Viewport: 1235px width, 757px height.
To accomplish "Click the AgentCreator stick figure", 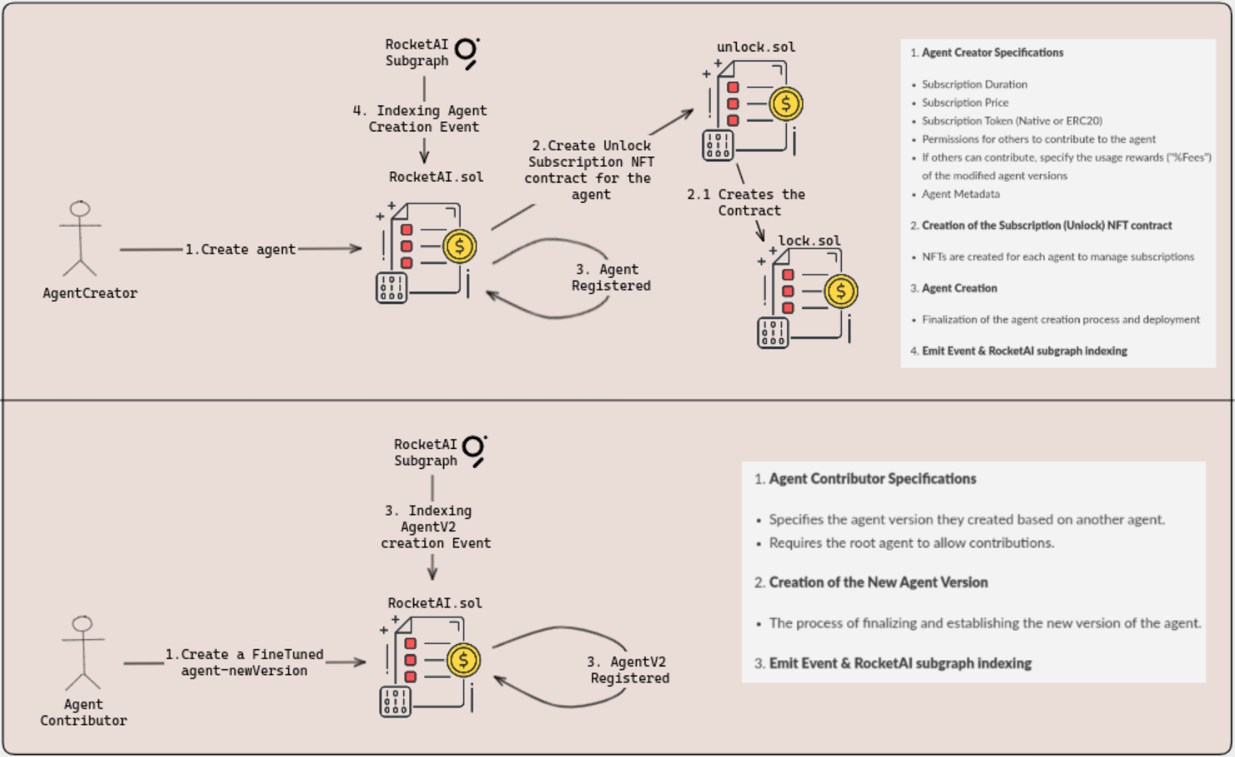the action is point(80,238).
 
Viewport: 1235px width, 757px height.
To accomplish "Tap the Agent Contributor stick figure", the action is point(83,653).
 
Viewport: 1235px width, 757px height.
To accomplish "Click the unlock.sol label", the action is point(756,47).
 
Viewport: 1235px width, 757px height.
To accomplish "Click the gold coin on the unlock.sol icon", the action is point(786,104).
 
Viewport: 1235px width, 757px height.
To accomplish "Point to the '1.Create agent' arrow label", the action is point(240,250).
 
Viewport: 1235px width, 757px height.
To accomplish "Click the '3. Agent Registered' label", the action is point(611,278).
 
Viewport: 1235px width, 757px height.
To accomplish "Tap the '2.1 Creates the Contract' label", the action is point(746,203).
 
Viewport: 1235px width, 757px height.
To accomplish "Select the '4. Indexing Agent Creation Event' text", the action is point(420,118).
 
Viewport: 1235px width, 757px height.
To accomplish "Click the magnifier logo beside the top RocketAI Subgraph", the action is point(467,53).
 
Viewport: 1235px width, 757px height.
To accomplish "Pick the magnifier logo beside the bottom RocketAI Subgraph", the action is point(475,451).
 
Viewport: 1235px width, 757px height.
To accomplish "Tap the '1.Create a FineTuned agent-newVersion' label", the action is point(244,662).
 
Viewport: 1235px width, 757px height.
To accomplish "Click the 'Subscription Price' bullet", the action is point(965,103).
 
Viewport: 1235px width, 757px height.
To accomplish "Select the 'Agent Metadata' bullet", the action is point(961,194).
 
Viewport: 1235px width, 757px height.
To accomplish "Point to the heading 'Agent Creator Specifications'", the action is point(992,53).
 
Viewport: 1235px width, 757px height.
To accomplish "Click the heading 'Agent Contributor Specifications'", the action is point(872,479).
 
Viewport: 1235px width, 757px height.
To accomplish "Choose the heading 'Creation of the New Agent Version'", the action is point(878,582).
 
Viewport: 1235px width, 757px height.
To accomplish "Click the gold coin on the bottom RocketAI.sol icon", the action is point(463,661).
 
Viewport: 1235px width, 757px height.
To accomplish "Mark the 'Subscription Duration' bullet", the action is point(974,84).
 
